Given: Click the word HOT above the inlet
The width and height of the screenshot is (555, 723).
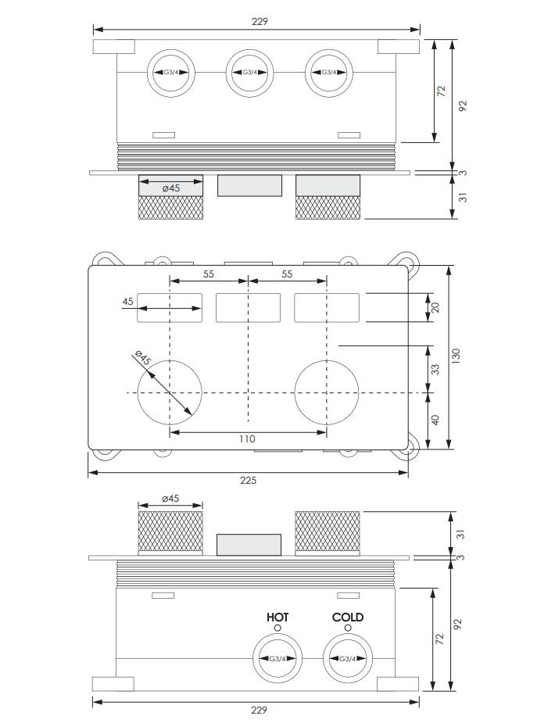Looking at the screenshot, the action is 277,617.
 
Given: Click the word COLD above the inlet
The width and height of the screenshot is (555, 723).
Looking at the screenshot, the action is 348,617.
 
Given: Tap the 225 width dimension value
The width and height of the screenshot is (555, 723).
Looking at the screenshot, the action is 248,481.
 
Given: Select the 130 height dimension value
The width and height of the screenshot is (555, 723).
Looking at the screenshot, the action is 456,356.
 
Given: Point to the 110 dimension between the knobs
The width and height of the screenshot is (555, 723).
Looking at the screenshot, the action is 248,438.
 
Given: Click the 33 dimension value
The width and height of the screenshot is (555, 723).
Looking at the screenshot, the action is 435,370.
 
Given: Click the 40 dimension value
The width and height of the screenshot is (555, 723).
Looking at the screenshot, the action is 435,420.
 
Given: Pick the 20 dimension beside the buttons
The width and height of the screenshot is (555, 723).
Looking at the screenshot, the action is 435,307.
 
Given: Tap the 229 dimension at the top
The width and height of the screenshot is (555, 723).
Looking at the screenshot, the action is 260,21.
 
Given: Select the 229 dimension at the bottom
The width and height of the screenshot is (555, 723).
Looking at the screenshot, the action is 260,710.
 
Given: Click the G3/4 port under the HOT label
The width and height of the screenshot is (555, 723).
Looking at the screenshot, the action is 278,659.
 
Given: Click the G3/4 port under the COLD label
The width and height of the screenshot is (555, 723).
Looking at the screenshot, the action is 348,659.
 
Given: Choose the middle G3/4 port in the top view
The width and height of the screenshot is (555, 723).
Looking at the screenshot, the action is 250,73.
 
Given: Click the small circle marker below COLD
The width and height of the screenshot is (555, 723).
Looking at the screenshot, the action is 348,628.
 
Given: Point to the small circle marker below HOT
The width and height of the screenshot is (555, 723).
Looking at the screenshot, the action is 277,628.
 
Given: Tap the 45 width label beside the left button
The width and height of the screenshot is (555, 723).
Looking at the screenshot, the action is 128,301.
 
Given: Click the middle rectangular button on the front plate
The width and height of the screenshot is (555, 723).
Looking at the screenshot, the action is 248,307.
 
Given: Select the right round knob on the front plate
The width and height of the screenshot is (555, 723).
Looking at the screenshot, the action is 327,392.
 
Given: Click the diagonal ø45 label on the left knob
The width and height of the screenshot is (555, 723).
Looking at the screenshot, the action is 142,358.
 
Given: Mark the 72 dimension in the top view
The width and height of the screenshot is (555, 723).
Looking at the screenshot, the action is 442,91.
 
